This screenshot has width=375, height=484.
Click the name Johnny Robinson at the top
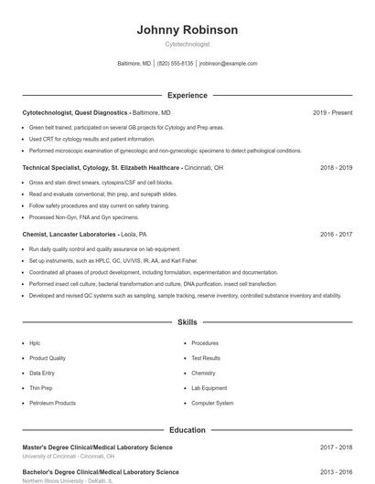187,30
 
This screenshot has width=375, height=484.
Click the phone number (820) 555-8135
176,64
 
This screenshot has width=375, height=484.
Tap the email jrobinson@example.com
228,64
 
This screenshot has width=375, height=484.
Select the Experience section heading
187,95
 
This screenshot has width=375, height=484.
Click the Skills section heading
187,322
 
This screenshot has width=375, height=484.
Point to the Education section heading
187,430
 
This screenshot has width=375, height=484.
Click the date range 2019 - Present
332,112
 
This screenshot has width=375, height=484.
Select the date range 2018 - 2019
336,168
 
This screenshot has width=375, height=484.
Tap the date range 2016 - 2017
336,235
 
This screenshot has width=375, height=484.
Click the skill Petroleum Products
52,403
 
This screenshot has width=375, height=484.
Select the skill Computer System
212,403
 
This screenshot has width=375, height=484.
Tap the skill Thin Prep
40,388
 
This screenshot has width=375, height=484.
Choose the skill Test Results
206,358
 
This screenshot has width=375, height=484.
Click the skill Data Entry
42,373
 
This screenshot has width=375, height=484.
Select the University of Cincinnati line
69,456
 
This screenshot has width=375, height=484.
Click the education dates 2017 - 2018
336,447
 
